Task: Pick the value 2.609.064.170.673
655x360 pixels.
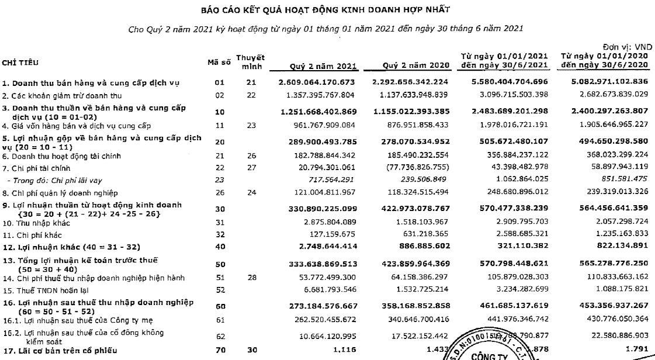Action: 325,82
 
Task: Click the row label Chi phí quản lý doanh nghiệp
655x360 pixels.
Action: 60,193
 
